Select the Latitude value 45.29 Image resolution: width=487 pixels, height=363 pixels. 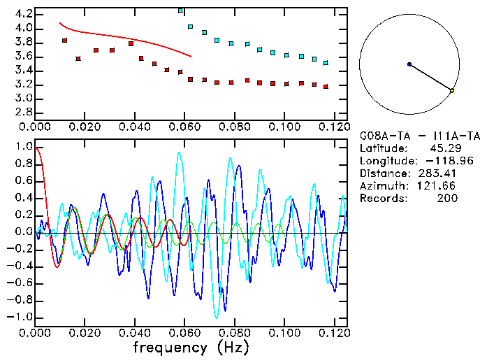[444, 148]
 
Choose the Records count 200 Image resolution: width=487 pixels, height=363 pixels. [446, 199]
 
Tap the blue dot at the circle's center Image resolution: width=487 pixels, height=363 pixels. [409, 64]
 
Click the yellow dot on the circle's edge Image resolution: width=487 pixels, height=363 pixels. [452, 90]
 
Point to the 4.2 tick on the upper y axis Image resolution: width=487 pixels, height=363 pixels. [22, 14]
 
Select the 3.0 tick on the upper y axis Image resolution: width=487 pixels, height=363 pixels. [22, 99]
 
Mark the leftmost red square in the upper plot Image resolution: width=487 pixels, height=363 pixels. [65, 41]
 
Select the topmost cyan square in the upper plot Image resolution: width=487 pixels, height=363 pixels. [181, 11]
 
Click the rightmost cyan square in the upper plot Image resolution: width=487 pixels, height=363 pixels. [326, 63]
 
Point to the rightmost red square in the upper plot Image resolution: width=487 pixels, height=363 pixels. [326, 86]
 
